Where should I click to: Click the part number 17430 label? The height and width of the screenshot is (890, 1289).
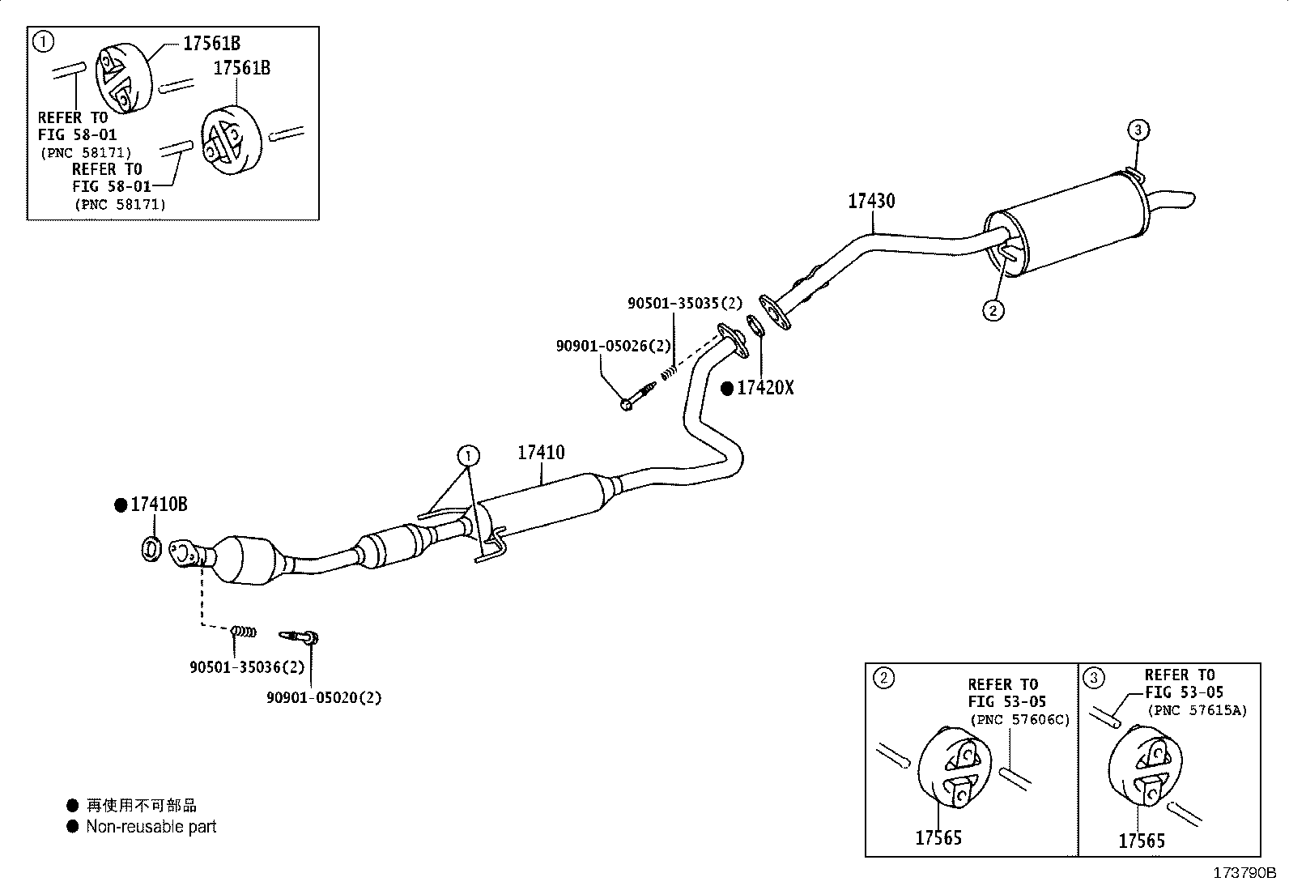[x=871, y=201]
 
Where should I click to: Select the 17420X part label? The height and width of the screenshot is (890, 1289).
[x=765, y=388]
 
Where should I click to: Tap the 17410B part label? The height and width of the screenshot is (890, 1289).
[x=159, y=505]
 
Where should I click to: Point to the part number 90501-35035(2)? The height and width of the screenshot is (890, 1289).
[x=685, y=303]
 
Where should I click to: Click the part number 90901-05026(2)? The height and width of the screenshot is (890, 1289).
[x=614, y=346]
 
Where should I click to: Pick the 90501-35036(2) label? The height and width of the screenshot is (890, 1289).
[x=247, y=666]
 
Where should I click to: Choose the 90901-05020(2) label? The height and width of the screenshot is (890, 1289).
[x=324, y=697]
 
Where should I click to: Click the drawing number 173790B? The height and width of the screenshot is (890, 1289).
[x=1244, y=873]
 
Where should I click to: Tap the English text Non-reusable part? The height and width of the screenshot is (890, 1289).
[x=151, y=827]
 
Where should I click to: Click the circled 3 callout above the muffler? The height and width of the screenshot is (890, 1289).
[x=1138, y=130]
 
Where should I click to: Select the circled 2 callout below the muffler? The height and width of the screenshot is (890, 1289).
[x=993, y=311]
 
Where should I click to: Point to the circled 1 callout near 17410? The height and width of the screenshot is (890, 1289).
[x=469, y=457]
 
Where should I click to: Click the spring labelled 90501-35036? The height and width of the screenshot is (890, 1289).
[x=244, y=632]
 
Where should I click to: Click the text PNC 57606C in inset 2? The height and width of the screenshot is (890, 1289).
[x=1019, y=720]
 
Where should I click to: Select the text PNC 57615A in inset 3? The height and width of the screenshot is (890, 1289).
[x=1198, y=710]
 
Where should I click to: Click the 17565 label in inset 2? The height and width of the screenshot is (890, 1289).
[x=938, y=837]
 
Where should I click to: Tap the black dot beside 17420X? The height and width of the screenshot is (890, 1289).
[x=727, y=389]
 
